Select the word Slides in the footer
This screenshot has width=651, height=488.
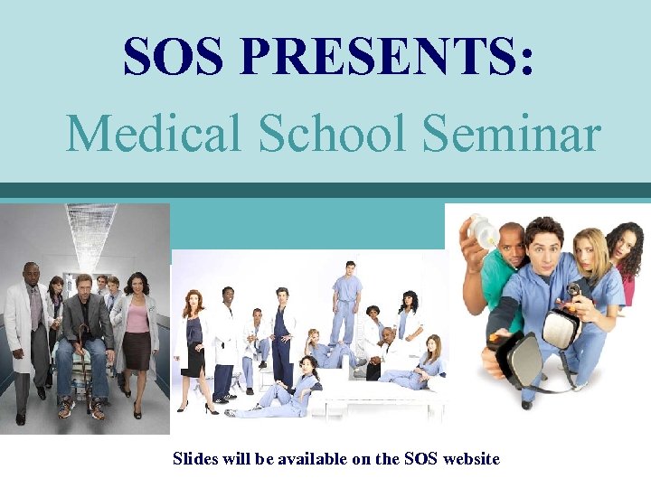(194, 459)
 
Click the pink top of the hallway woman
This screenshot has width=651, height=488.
(137, 316)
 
